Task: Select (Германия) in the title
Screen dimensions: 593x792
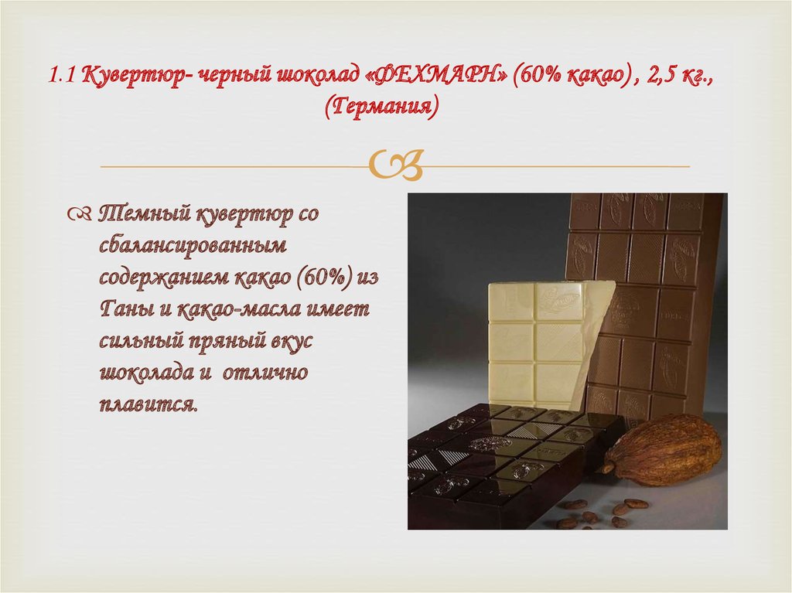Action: click(x=381, y=106)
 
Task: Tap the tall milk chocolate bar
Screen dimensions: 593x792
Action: click(x=650, y=294)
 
